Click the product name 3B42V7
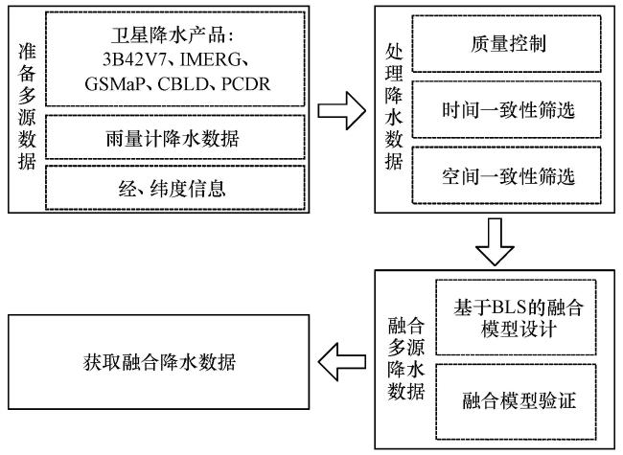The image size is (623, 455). [133, 59]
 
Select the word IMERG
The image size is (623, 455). [210, 59]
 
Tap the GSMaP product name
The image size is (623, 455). [114, 83]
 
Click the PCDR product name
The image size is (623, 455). [246, 83]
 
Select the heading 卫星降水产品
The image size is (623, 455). [167, 35]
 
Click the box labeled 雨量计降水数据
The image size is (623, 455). [175, 137]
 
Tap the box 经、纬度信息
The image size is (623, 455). [175, 188]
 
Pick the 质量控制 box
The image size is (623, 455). [506, 44]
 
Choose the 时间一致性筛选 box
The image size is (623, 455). [506, 109]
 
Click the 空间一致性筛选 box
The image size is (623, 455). [506, 175]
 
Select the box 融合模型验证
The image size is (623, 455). [516, 401]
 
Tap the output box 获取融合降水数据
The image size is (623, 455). [158, 362]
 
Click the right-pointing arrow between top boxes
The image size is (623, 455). [342, 110]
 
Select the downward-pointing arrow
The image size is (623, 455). [495, 241]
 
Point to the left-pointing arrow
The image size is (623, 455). [342, 362]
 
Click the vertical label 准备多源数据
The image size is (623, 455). [27, 106]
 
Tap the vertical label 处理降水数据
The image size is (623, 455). [394, 106]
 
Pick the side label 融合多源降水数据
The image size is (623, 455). [406, 358]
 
